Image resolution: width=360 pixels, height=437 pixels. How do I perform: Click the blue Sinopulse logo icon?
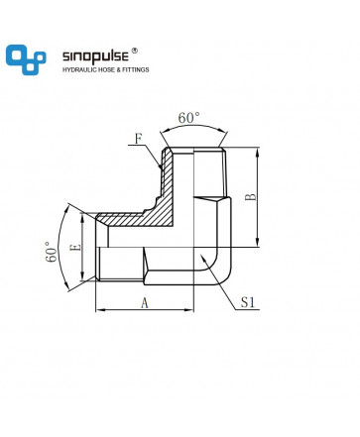pos(26,59)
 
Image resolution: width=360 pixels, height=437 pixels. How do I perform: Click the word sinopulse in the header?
pos(95,56)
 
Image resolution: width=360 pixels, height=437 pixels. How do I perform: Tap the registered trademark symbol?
pos(135,51)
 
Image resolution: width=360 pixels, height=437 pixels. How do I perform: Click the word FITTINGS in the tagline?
pos(136,69)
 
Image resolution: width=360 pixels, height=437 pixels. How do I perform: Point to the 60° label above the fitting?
pos(189,118)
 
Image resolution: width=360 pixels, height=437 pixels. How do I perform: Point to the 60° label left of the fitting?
pos(52,252)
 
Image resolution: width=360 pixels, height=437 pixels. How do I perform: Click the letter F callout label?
pos(138,139)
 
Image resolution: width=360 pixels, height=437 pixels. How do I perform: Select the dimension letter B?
pos(251,197)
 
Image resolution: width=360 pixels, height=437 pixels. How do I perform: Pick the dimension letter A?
pos(145,302)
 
